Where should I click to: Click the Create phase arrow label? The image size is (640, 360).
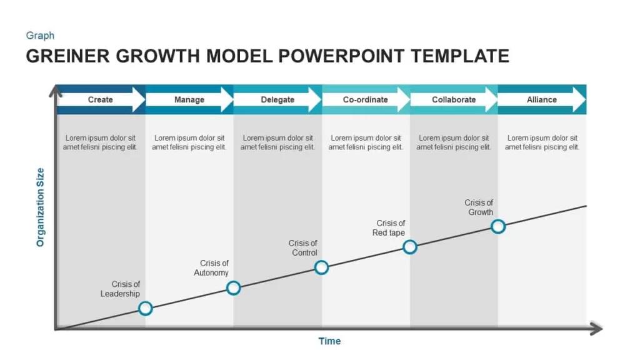pos(101,99)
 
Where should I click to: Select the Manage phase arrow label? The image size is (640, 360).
pos(189,99)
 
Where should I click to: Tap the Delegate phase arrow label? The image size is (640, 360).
pos(277,99)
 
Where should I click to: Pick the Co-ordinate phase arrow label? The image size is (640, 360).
pos(365,99)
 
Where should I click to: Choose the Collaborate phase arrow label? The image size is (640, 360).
pos(454,99)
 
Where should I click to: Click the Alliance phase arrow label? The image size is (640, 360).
pos(542,99)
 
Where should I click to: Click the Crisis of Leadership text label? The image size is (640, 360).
pos(120,289)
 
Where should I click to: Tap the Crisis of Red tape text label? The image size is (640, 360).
pos(389,227)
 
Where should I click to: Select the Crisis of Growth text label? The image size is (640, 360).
pos(479,207)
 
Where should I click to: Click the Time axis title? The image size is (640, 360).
pos(329,341)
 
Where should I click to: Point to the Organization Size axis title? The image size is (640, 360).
pos(40,207)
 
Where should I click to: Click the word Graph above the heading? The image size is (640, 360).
pos(40,36)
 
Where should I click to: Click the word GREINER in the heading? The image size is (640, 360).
pos(67,56)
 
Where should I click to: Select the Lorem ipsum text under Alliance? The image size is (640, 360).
pos(542,142)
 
